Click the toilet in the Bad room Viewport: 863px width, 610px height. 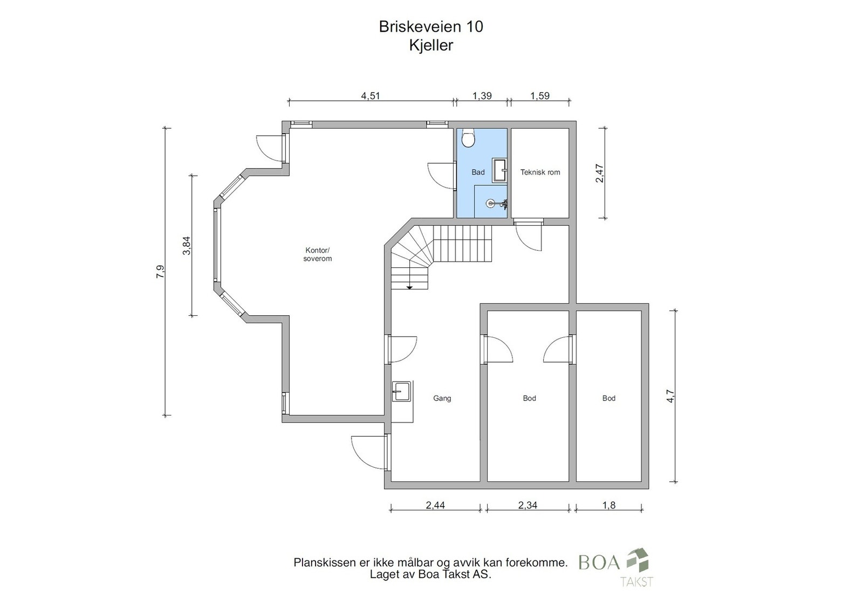469,138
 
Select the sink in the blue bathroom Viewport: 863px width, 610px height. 499,170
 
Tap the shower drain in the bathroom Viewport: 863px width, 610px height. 491,203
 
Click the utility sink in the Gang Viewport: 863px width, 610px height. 401,391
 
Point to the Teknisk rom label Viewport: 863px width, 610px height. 540,172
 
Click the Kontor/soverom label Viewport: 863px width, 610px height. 318,254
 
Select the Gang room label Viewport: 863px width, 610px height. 442,398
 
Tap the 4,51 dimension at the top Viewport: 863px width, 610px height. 371,96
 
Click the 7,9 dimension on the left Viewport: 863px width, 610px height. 160,272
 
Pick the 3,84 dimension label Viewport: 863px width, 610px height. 187,246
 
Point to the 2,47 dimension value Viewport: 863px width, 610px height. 600,173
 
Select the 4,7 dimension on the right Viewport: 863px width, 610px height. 670,396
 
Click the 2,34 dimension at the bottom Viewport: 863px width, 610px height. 528,505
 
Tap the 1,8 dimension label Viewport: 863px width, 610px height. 609,505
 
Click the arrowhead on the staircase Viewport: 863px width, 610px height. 409,287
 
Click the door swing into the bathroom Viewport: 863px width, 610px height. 442,176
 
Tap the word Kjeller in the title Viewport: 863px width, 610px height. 431,45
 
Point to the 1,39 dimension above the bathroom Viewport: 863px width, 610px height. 482,96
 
